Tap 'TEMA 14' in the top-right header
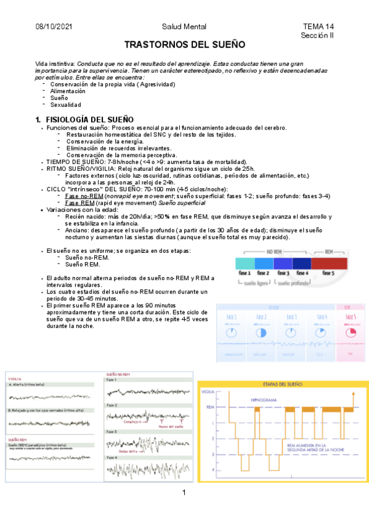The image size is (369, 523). (x=318, y=27)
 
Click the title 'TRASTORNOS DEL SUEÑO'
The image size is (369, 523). (x=185, y=45)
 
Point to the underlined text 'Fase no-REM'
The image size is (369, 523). (x=84, y=196)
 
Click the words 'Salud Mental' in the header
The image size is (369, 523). (x=184, y=27)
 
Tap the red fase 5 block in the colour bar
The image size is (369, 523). (x=330, y=263)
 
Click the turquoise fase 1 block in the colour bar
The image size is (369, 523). (x=245, y=263)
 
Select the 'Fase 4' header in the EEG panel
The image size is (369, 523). (x=112, y=458)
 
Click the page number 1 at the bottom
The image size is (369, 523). (x=184, y=492)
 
